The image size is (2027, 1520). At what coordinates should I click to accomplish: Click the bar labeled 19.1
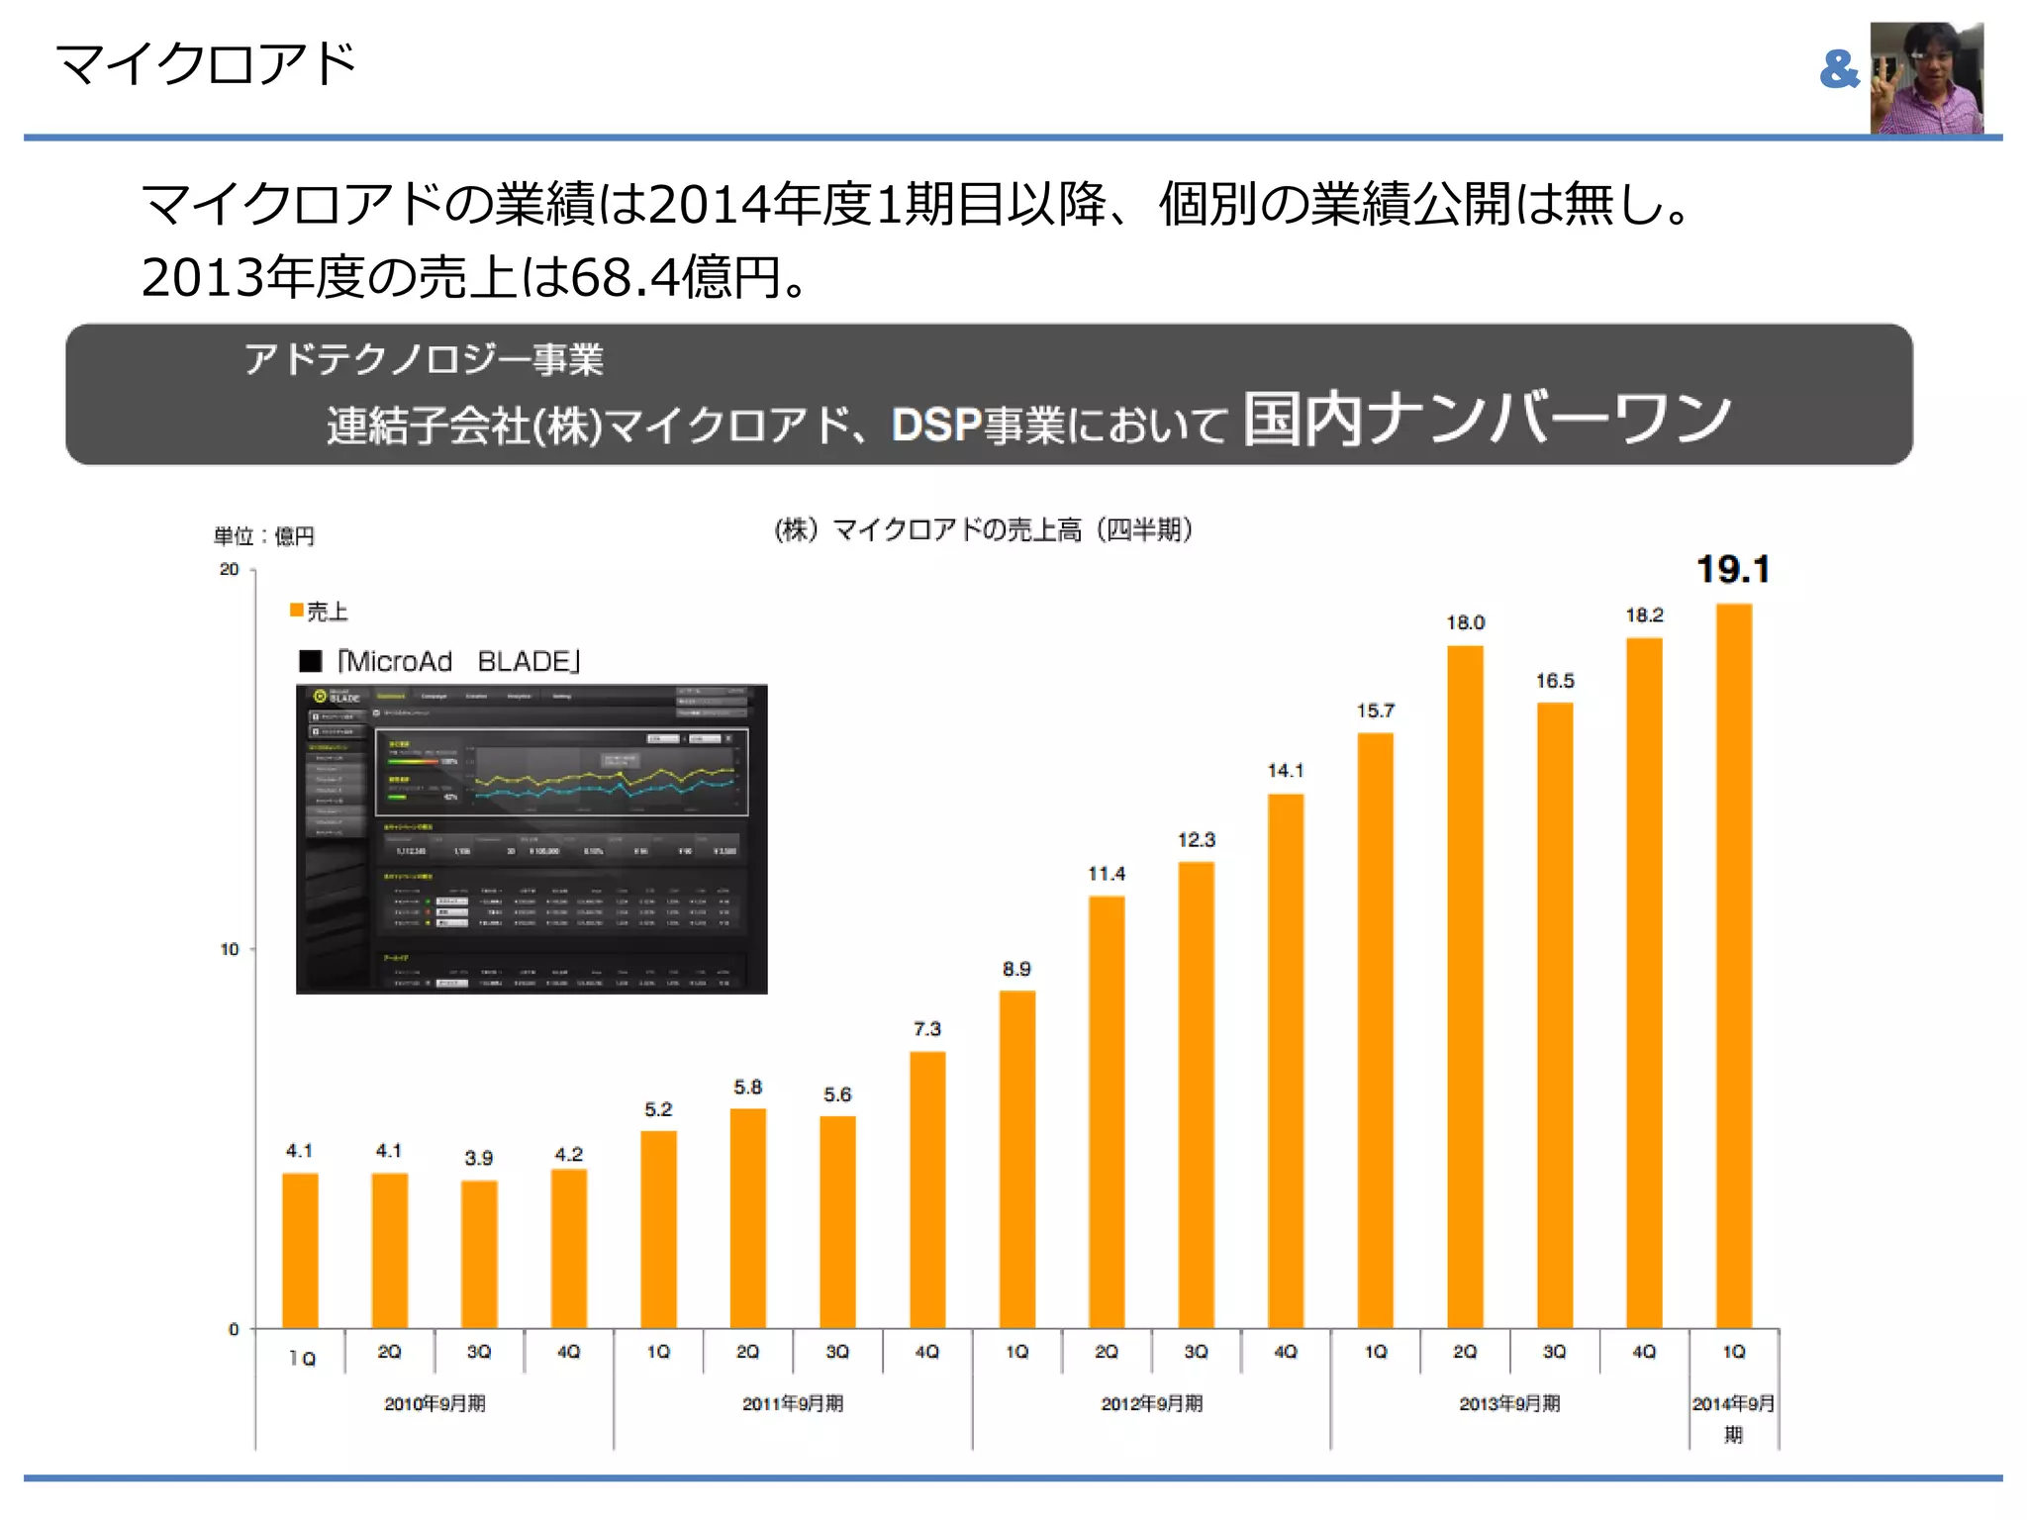1733,965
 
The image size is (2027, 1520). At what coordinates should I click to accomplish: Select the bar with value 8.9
1016,1158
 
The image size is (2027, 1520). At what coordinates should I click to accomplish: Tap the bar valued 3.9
479,1254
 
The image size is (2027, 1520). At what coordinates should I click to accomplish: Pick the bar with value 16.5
1554,1014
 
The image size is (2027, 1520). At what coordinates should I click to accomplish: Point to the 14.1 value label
1285,770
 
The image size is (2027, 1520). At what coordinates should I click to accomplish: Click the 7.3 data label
926,1029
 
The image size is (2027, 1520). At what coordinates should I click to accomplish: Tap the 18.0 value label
1465,622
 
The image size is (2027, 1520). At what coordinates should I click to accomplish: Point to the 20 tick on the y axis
229,569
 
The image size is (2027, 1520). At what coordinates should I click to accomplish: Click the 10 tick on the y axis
229,949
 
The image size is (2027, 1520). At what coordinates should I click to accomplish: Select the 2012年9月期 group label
1151,1403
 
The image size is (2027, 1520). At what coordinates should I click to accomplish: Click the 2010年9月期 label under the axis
434,1403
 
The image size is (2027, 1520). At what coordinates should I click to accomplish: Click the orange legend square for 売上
296,610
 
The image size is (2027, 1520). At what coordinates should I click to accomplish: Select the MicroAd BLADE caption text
457,661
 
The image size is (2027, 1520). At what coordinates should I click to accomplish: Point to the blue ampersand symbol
1839,70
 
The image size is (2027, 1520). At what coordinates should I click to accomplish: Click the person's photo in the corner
1926,77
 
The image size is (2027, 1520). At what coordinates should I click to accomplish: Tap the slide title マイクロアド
205,63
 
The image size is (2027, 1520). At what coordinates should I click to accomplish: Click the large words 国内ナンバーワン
1487,419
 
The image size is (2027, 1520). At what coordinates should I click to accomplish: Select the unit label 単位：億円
263,536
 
